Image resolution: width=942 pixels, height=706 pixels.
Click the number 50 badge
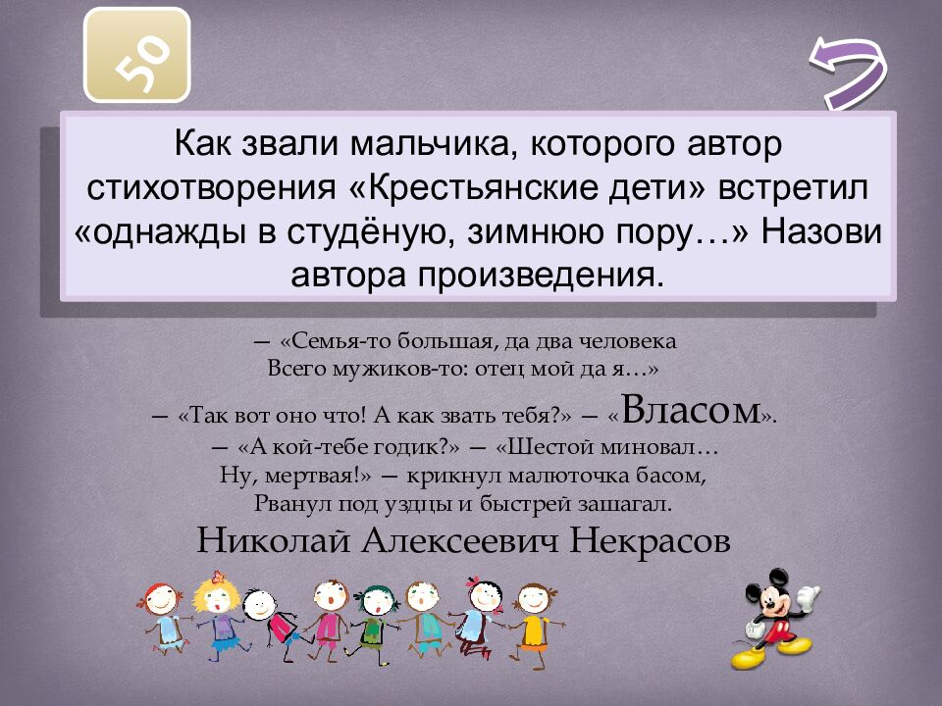pyautogui.click(x=136, y=55)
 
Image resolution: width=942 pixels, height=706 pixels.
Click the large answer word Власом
pyautogui.click(x=691, y=410)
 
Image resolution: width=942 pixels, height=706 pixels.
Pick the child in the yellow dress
pyautogui.click(x=534, y=618)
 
